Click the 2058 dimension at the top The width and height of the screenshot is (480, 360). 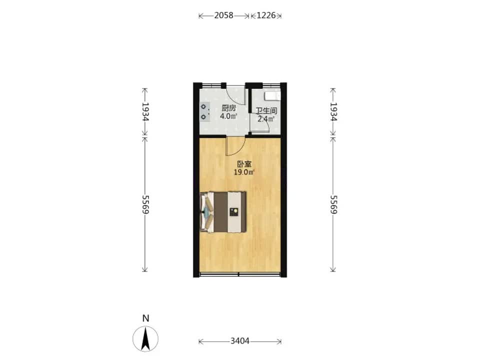coord(223,15)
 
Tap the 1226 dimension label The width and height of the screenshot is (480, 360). coord(266,15)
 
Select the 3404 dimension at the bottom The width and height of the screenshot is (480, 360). coord(239,340)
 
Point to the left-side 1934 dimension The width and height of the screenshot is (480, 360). coord(145,111)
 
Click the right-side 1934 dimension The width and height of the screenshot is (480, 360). coord(333,111)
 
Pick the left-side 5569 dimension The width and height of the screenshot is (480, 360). coord(145,204)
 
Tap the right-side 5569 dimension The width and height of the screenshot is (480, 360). coord(333,204)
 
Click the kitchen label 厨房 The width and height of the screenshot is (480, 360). coord(228,108)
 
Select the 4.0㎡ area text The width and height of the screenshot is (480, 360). coord(228,116)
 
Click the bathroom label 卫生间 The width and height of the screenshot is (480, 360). coord(266,110)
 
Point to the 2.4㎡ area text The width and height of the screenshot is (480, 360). coord(265,119)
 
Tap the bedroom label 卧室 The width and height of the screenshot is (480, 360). coord(244,164)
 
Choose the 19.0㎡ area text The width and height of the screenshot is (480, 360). coord(244,172)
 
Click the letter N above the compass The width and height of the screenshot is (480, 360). coord(145,318)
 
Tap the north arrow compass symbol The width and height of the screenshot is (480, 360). coord(145,339)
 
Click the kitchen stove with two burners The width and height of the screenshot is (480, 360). coord(205,111)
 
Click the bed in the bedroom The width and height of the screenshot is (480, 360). coord(223,212)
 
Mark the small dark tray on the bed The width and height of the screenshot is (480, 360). coord(234,212)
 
